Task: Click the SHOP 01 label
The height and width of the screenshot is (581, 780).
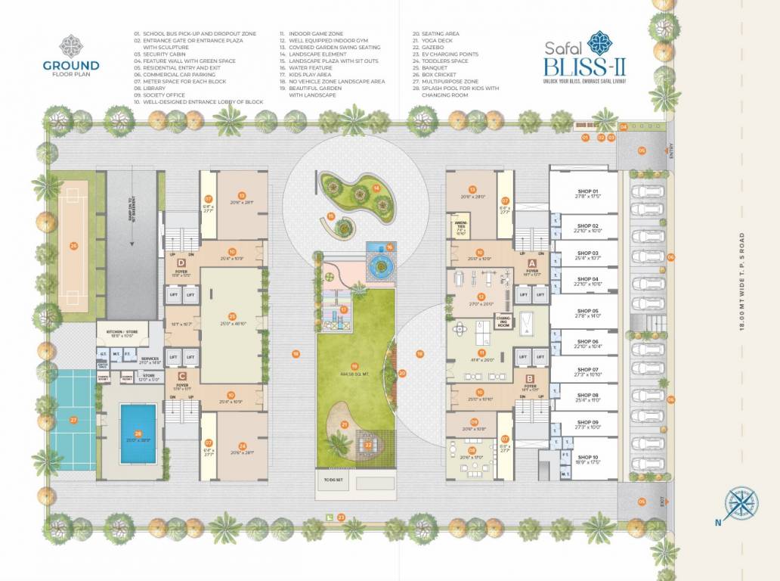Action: coord(587,191)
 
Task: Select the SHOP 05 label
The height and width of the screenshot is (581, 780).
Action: coord(587,311)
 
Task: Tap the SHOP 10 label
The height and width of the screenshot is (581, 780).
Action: coord(587,457)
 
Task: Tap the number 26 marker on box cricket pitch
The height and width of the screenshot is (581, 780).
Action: coord(73,245)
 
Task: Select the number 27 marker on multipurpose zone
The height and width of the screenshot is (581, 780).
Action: coord(73,419)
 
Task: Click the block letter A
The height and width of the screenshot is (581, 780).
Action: coord(531,262)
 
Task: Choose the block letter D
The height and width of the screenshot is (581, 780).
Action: coord(181,262)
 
